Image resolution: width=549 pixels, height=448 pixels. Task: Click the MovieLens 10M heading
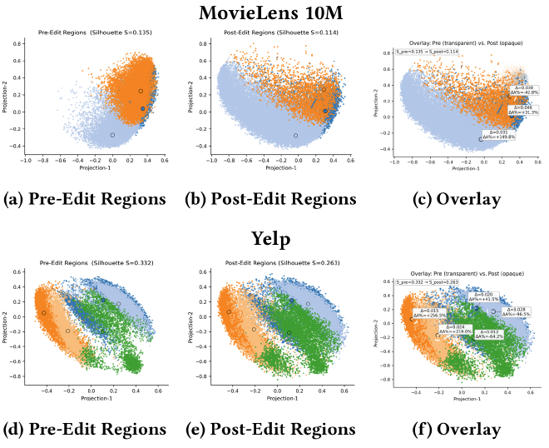click(274, 14)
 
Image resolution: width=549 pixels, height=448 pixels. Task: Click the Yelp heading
click(274, 240)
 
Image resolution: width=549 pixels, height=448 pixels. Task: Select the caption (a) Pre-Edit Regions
click(83, 200)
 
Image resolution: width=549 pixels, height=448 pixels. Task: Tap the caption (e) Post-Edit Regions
click(274, 430)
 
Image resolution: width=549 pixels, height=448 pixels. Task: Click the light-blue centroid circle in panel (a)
click(112, 135)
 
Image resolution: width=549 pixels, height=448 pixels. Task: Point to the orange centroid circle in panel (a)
click(141, 91)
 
